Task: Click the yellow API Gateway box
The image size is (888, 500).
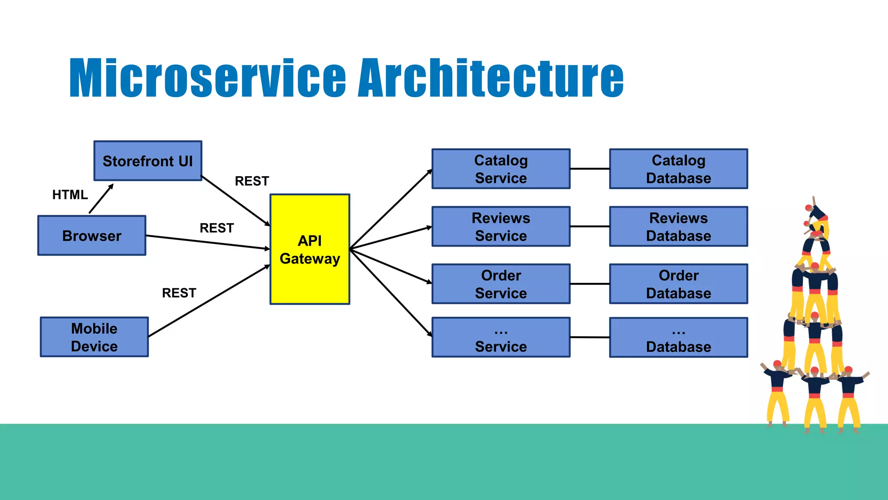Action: (310, 249)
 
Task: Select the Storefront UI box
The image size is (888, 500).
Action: (148, 161)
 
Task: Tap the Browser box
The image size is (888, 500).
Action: (92, 236)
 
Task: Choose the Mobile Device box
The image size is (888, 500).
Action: (95, 337)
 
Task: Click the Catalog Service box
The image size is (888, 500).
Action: (501, 169)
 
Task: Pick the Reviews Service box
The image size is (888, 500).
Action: (501, 227)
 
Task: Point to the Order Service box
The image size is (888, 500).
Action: (501, 284)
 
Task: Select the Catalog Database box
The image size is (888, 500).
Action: (679, 169)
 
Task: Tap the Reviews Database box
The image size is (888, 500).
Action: (679, 227)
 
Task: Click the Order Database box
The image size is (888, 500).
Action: (679, 284)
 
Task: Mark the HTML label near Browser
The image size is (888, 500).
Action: (70, 195)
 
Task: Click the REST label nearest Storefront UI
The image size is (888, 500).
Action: (252, 181)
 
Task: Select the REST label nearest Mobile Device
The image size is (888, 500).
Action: (179, 293)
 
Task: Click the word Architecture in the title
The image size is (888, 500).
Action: (490, 78)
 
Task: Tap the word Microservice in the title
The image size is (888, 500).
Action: (207, 78)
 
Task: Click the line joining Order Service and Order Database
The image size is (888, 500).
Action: (590, 284)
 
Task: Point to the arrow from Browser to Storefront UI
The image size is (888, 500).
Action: (101, 199)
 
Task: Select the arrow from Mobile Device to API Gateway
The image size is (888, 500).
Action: (208, 301)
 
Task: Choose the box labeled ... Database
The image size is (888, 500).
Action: (679, 338)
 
